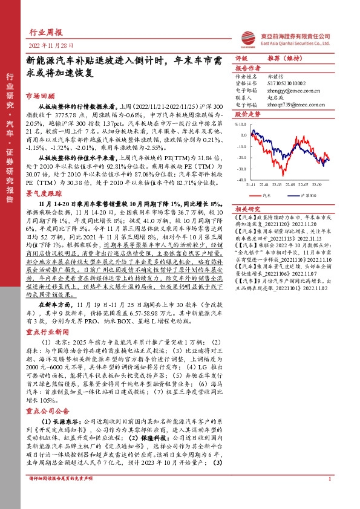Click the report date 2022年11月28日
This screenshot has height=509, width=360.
pyautogui.click(x=45, y=45)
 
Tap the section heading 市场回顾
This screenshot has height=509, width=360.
pyautogui.click(x=40, y=96)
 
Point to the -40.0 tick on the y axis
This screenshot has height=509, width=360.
pyautogui.click(x=241, y=180)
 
